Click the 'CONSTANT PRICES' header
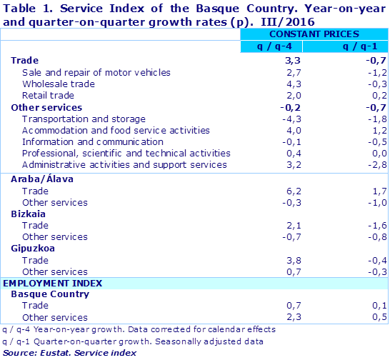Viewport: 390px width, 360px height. point(314,34)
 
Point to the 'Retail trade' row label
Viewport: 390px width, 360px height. point(48,95)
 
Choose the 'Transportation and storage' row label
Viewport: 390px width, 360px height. point(84,119)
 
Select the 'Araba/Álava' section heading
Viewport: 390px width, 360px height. point(42,179)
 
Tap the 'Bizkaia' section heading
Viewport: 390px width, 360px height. point(29,214)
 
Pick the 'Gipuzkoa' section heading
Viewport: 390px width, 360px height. point(33,249)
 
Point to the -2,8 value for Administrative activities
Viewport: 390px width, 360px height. point(376,164)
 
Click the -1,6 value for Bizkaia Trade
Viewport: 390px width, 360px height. point(376,225)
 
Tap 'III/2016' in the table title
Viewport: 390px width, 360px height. point(338,20)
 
